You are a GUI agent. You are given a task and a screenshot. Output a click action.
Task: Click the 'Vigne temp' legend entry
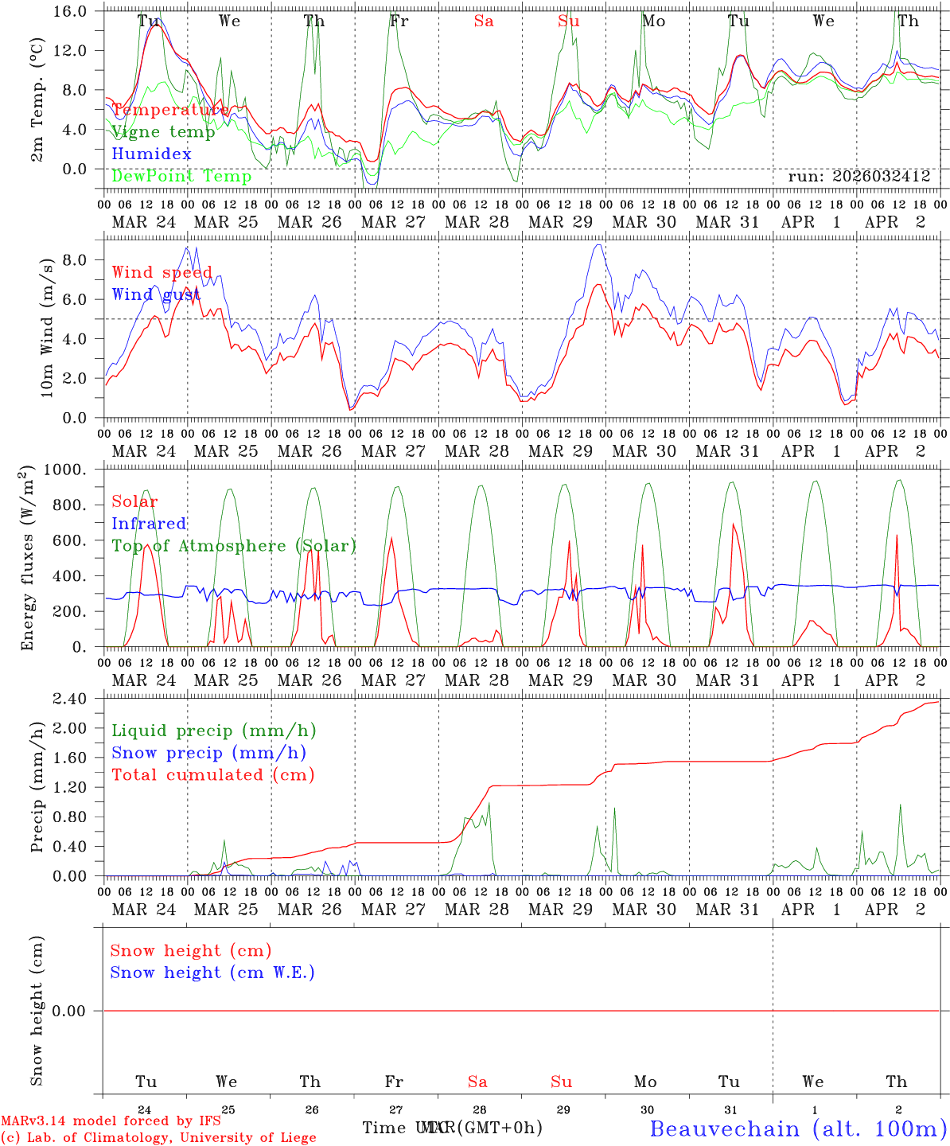pyautogui.click(x=163, y=132)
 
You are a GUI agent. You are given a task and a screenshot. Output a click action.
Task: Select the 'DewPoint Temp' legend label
pyautogui.click(x=181, y=176)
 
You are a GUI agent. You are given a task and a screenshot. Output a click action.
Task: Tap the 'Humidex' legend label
pyautogui.click(x=151, y=154)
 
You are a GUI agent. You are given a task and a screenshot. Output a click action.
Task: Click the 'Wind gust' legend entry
pyautogui.click(x=156, y=294)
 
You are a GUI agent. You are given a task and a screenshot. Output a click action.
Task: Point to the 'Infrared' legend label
pyautogui.click(x=149, y=524)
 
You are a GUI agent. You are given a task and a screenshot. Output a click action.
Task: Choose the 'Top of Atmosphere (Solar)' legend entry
pyautogui.click(x=234, y=546)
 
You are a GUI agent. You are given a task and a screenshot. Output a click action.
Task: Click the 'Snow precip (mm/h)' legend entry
pyautogui.click(x=208, y=753)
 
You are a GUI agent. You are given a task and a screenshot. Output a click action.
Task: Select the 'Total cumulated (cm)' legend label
pyautogui.click(x=212, y=774)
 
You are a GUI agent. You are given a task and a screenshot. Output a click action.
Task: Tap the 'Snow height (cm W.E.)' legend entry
pyautogui.click(x=212, y=973)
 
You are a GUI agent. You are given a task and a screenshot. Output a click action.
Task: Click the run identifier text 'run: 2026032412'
pyautogui.click(x=859, y=177)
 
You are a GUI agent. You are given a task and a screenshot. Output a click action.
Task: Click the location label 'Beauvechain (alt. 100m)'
pyautogui.click(x=798, y=1128)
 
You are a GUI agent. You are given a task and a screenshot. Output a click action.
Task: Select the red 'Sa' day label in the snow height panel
pyautogui.click(x=477, y=1082)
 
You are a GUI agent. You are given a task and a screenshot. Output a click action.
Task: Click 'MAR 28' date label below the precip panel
pyautogui.click(x=477, y=910)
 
